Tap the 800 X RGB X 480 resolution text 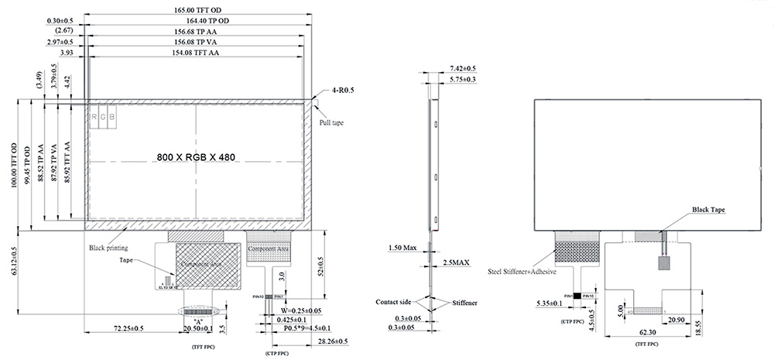pos(195,156)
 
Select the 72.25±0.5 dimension pos(129,328)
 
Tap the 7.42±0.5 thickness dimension pos(461,69)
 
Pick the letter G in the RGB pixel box pos(103,117)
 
